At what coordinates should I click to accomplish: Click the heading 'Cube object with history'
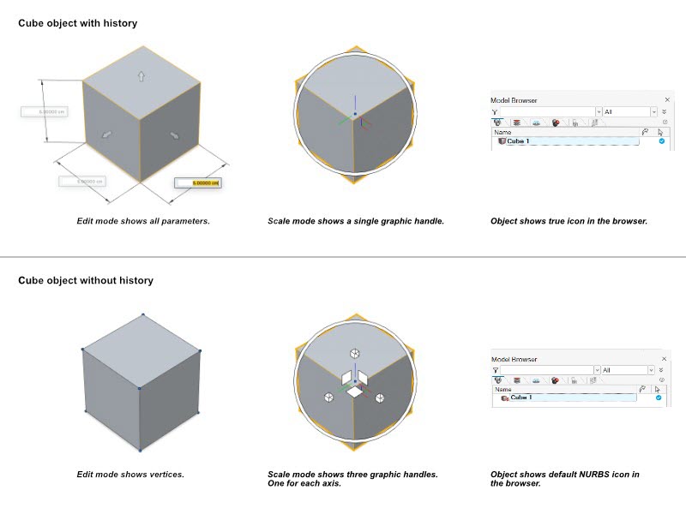tap(77, 23)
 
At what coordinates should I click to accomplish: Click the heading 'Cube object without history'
tap(86, 280)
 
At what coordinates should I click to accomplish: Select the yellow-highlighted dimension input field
tap(198, 182)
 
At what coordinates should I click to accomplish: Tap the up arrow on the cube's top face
tap(141, 75)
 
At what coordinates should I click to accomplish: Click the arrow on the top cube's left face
tap(107, 134)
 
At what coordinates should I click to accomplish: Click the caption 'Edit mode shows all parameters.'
tap(144, 221)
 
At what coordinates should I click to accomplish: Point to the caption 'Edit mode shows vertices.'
tap(130, 474)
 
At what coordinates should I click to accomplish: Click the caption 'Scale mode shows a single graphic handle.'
tap(356, 221)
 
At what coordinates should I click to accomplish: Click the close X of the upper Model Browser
tap(665, 100)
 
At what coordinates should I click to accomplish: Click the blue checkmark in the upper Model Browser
tap(661, 141)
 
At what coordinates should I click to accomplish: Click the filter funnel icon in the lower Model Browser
tap(496, 370)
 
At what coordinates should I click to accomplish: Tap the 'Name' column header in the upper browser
tap(502, 132)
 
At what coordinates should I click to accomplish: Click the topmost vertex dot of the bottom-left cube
tap(141, 314)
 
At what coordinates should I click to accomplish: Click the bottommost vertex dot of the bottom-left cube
tap(141, 449)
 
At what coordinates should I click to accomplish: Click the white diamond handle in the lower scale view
tap(354, 391)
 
